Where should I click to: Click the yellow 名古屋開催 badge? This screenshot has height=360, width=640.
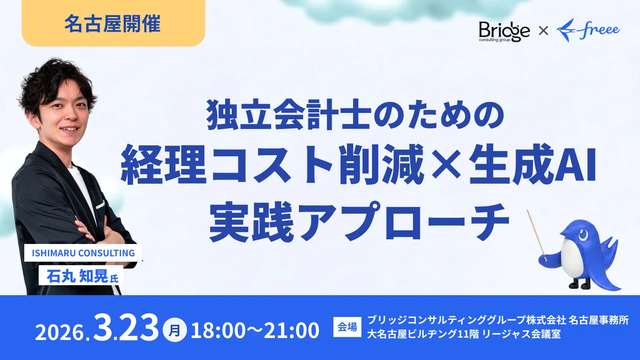coord(113,23)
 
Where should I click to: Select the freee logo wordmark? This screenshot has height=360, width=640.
coord(588,30)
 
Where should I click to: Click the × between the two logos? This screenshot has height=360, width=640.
coord(543,31)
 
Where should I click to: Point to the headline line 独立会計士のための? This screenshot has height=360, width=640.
coord(355,114)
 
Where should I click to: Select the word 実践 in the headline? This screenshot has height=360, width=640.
coord(252,222)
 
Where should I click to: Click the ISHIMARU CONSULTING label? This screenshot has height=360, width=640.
coord(83,253)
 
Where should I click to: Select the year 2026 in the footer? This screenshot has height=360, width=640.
coord(60,332)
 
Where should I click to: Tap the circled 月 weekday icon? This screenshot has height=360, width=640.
coord(175,330)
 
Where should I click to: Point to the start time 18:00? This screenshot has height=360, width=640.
coord(218,330)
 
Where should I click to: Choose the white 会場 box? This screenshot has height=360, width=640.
coord(347,327)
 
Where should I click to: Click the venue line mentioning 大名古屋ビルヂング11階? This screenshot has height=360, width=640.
coord(464,334)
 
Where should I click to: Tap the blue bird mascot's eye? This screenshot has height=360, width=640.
coord(583,235)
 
